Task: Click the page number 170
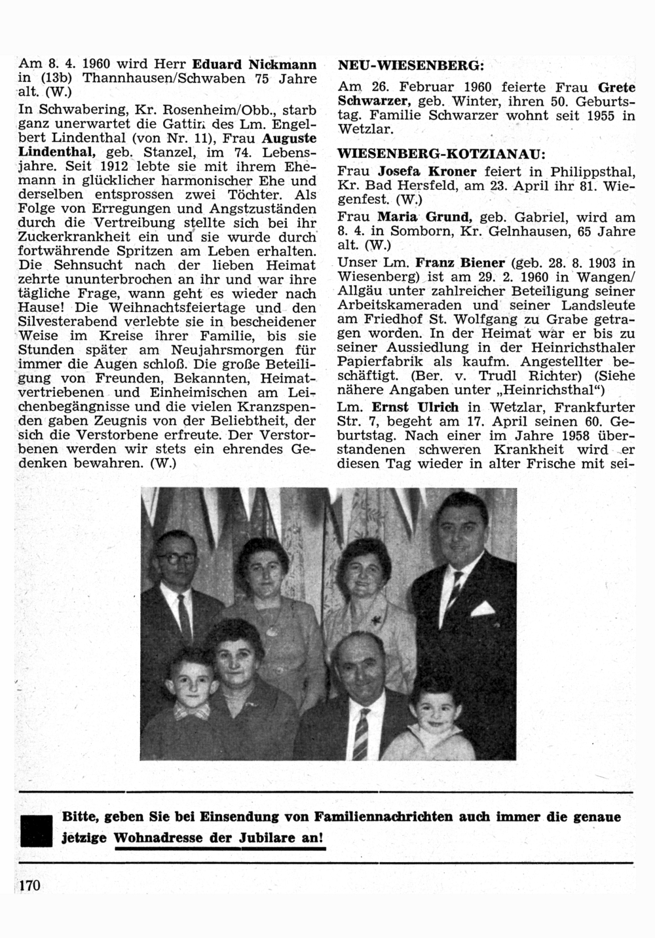coord(30,886)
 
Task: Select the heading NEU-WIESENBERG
coord(411,66)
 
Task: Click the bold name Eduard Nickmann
coord(255,65)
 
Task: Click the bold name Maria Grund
coord(424,217)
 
